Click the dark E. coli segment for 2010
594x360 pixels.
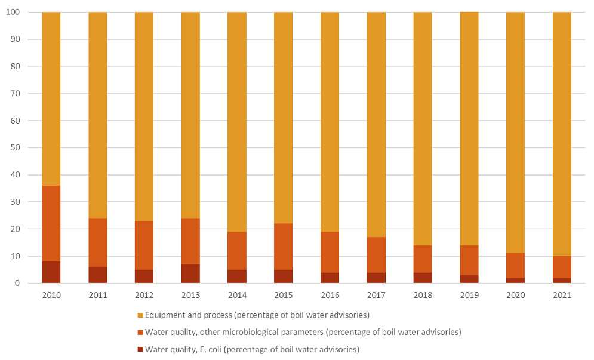51,272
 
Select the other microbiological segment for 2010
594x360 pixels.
51,223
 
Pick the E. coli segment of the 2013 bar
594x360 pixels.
190,273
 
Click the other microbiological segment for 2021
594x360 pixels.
562,267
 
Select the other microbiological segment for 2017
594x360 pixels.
376,254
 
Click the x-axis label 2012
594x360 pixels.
144,295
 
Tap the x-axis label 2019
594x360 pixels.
469,295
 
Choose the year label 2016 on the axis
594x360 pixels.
330,295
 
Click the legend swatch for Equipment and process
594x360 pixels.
140,315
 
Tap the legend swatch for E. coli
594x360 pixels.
140,349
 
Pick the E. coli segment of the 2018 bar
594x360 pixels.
423,278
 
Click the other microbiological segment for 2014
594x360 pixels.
237,250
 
